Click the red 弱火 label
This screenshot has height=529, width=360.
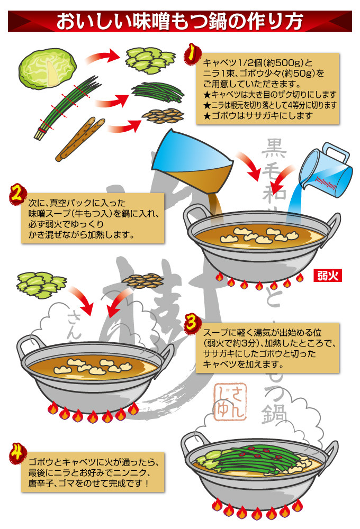pyautogui.click(x=329, y=275)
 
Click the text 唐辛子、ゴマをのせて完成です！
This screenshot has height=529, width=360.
pyautogui.click(x=88, y=484)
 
